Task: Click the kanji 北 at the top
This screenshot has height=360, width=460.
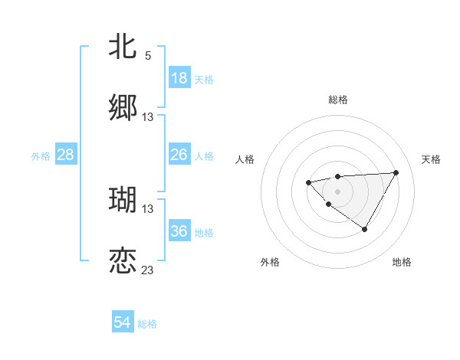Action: (x=123, y=47)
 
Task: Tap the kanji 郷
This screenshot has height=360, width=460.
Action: (x=123, y=108)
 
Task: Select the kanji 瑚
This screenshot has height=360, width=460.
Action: (x=123, y=200)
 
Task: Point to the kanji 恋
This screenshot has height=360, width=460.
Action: (x=123, y=261)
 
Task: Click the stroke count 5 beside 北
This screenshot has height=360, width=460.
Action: (x=148, y=56)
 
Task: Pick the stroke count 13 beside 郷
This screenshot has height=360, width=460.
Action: (x=148, y=117)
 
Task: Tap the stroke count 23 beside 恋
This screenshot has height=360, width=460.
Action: (x=148, y=270)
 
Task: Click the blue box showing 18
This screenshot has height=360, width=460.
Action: (x=179, y=78)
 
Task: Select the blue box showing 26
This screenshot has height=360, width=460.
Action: (x=179, y=155)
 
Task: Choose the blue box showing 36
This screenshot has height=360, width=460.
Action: (x=179, y=231)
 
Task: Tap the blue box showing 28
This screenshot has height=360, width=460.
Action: (x=66, y=155)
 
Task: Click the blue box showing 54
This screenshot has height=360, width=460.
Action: (x=123, y=323)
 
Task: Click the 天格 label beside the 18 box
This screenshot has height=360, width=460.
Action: (x=203, y=79)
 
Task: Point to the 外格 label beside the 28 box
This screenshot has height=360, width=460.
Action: (x=41, y=155)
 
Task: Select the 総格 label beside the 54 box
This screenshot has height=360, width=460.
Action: (x=147, y=324)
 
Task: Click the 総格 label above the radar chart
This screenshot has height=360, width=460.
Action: (x=338, y=100)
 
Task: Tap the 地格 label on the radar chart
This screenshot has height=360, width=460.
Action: (x=402, y=262)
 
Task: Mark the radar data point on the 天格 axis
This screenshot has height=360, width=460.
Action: (x=396, y=172)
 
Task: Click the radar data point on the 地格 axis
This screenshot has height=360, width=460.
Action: (x=365, y=229)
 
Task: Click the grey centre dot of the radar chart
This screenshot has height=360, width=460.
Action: (x=337, y=191)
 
